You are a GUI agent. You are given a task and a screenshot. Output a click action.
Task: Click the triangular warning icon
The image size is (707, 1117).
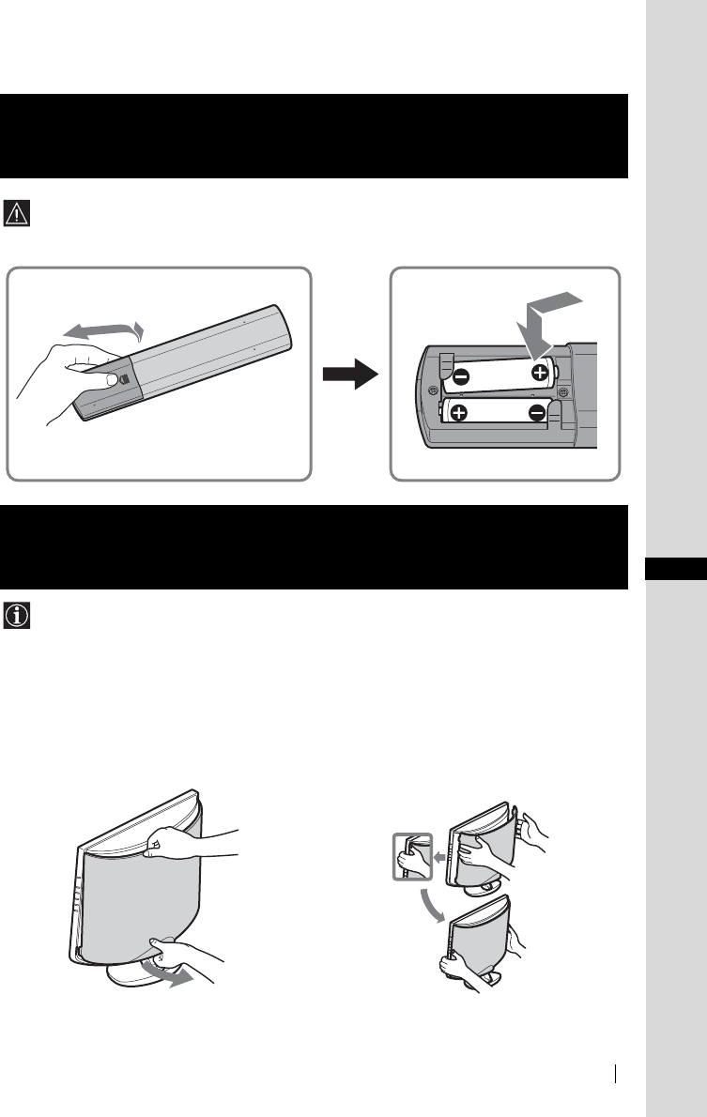tap(18, 213)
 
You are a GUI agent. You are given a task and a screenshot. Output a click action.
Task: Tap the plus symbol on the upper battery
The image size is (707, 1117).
tap(541, 372)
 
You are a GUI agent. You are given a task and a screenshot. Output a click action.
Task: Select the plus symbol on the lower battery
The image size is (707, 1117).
tap(459, 413)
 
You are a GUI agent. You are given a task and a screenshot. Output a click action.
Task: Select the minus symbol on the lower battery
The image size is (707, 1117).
tap(537, 413)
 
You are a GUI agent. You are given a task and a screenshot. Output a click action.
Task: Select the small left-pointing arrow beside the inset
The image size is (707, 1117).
tap(438, 856)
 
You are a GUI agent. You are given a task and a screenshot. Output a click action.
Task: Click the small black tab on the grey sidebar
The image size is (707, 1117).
tap(676, 570)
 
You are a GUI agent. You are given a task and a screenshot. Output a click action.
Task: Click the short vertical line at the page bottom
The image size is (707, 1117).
tap(616, 1073)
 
